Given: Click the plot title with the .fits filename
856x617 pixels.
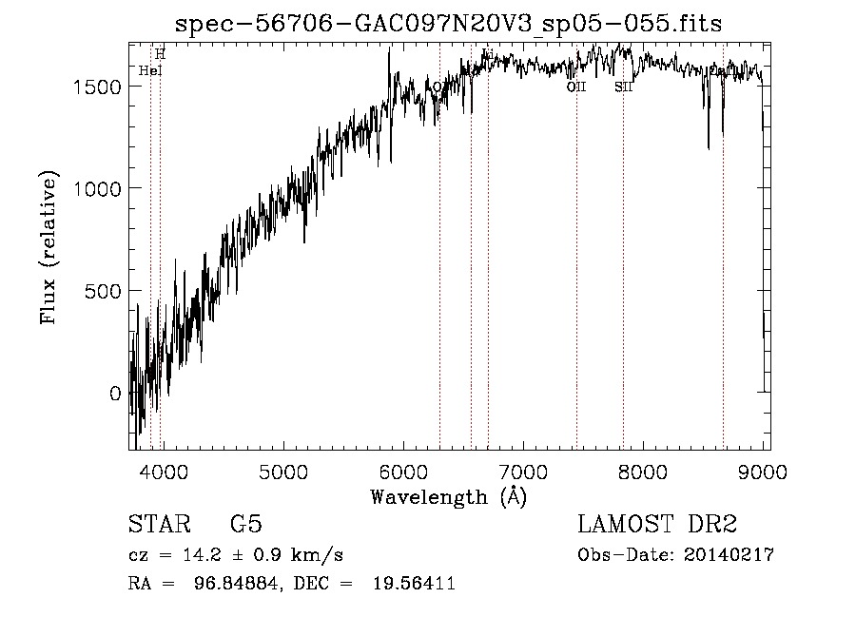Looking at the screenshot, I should tap(450, 23).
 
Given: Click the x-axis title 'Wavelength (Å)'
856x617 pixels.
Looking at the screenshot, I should tap(448, 496).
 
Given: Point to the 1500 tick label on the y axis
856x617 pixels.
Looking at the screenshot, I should tap(99, 87).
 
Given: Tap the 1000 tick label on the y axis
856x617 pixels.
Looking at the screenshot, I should tap(99, 188).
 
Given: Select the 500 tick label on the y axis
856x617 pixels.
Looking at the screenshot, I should tap(104, 291).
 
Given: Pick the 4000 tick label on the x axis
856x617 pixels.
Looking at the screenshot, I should tap(163, 472).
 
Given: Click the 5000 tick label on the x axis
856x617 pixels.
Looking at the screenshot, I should tap(282, 472).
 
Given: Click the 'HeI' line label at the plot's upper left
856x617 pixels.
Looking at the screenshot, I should tap(150, 70).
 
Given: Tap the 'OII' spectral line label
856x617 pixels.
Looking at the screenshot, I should tap(576, 87).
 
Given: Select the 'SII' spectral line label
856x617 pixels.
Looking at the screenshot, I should tap(624, 87).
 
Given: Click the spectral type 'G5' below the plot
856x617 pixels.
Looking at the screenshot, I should tap(246, 525).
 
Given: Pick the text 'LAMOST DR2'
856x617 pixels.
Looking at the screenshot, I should tap(657, 525).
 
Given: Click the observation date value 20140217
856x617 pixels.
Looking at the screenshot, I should tap(727, 555).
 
